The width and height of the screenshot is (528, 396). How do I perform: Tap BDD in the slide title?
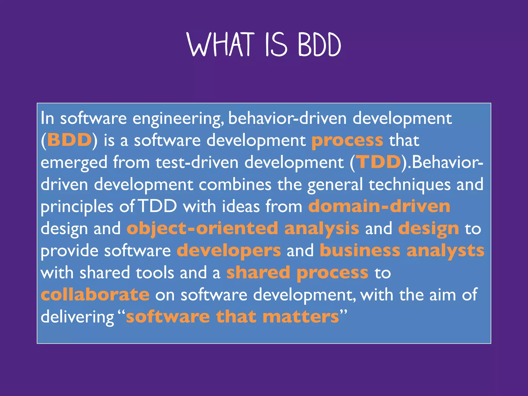(x=319, y=44)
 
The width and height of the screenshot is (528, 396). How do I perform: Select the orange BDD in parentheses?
(x=69, y=140)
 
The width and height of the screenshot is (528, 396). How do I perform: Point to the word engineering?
(x=178, y=119)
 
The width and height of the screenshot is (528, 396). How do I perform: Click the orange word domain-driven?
(x=379, y=206)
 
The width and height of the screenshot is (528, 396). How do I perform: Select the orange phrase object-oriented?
(x=202, y=228)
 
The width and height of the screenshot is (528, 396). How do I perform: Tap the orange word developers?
(x=229, y=251)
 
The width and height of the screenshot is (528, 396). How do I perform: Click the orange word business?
(x=360, y=251)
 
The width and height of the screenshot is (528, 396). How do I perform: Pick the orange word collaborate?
(x=95, y=295)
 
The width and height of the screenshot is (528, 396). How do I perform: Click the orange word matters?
(x=301, y=317)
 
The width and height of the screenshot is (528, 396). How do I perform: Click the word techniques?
(x=409, y=185)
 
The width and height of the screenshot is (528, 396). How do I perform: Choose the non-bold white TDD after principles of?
(x=158, y=206)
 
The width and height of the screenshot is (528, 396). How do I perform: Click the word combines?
(x=235, y=185)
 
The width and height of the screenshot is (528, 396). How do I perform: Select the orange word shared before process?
(x=258, y=273)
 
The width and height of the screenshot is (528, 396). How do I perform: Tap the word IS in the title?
(x=276, y=44)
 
